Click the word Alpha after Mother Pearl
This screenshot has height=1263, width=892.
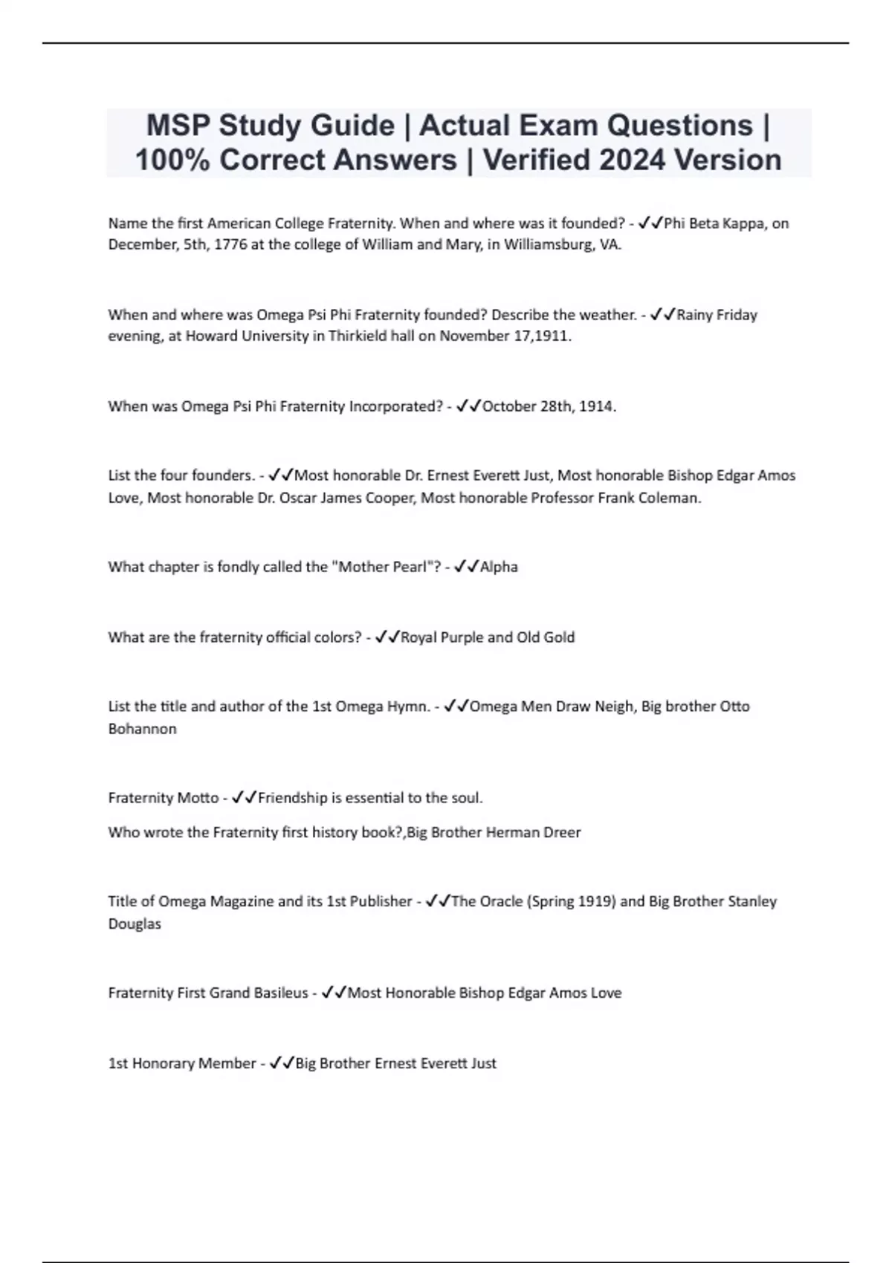tap(499, 567)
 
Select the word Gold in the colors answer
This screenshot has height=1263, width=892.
tap(558, 637)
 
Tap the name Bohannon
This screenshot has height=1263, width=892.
tap(142, 729)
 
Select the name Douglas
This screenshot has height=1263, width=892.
tap(135, 924)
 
